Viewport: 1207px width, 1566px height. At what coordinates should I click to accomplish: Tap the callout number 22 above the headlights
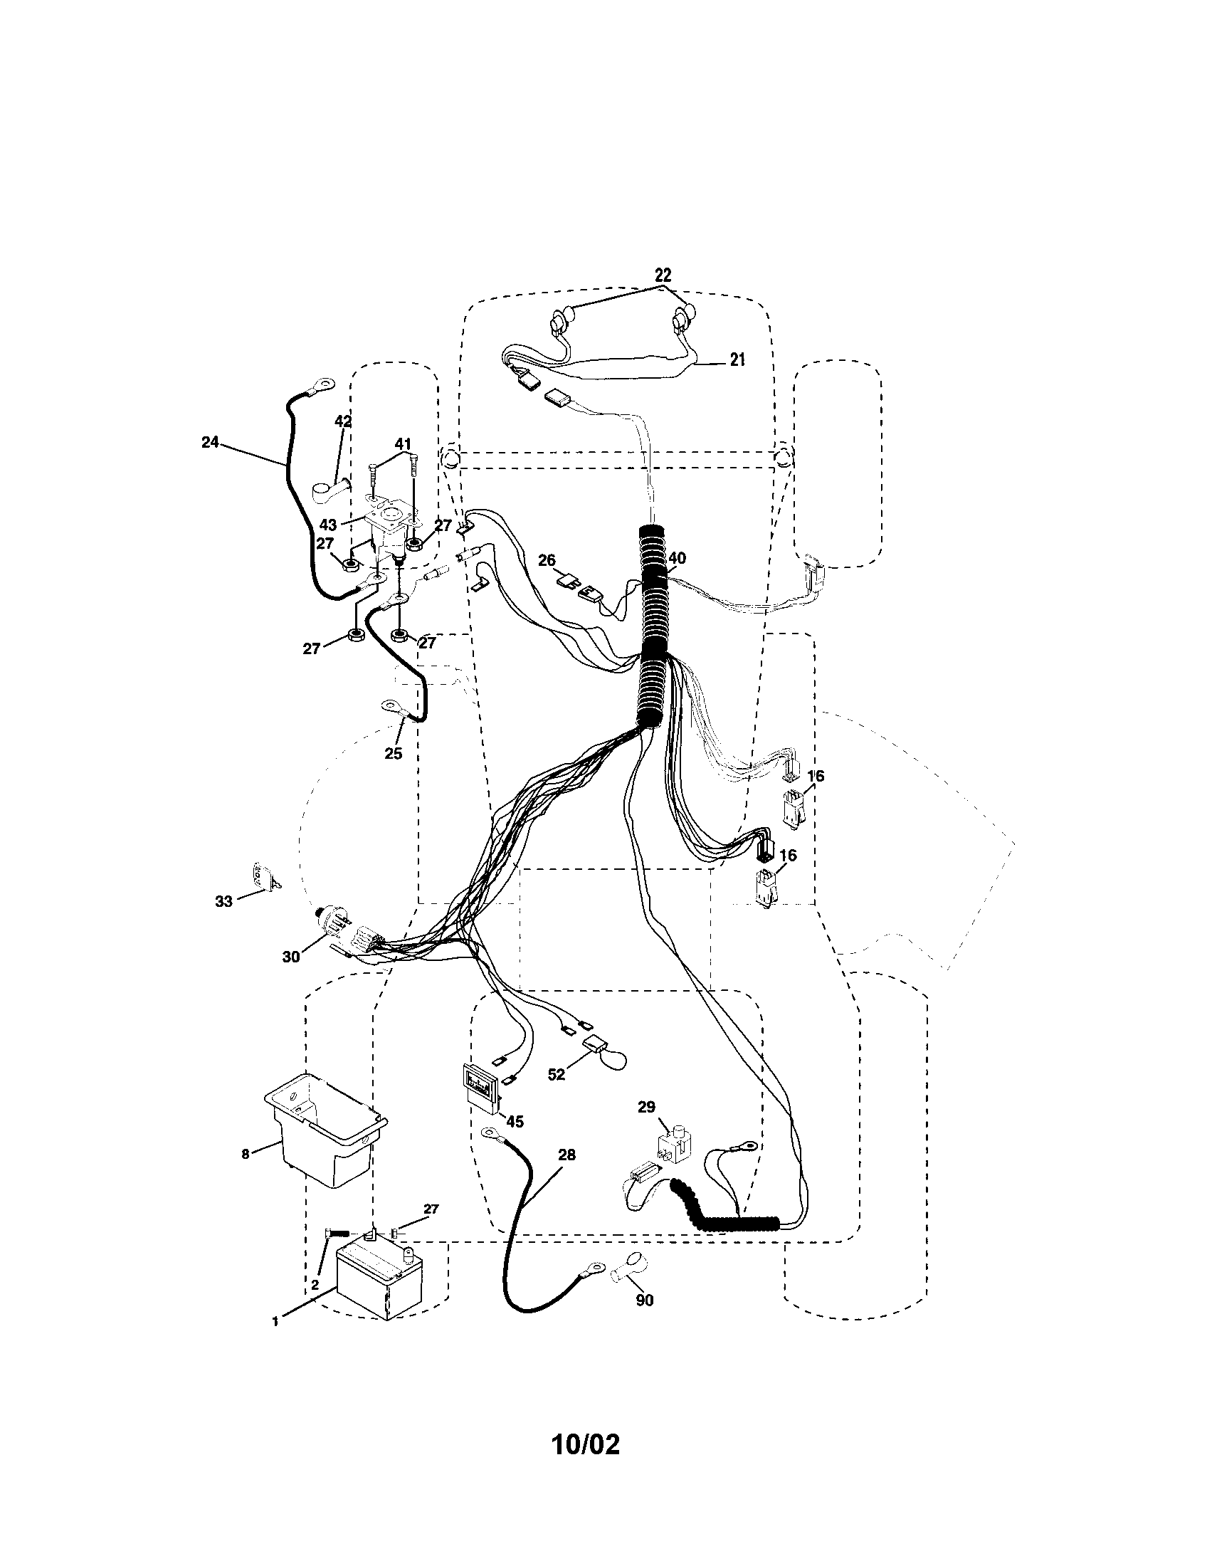663,275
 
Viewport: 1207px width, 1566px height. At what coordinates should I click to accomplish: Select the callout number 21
737,360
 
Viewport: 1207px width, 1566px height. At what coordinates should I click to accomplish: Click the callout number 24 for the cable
209,443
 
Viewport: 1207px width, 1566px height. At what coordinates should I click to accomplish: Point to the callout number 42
343,421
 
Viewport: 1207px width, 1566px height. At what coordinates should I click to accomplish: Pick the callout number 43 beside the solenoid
328,525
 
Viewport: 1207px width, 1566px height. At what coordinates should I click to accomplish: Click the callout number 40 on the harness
677,559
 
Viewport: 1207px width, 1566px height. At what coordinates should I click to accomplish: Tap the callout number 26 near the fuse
547,560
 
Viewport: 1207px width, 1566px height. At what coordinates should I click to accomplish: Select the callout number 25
393,754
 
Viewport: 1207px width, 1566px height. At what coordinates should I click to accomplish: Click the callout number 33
224,902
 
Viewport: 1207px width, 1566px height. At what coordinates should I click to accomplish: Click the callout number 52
557,1094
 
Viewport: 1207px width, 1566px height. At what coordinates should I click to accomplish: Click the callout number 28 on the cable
566,1155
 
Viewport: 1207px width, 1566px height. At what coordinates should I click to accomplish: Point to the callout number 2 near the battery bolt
314,1285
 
